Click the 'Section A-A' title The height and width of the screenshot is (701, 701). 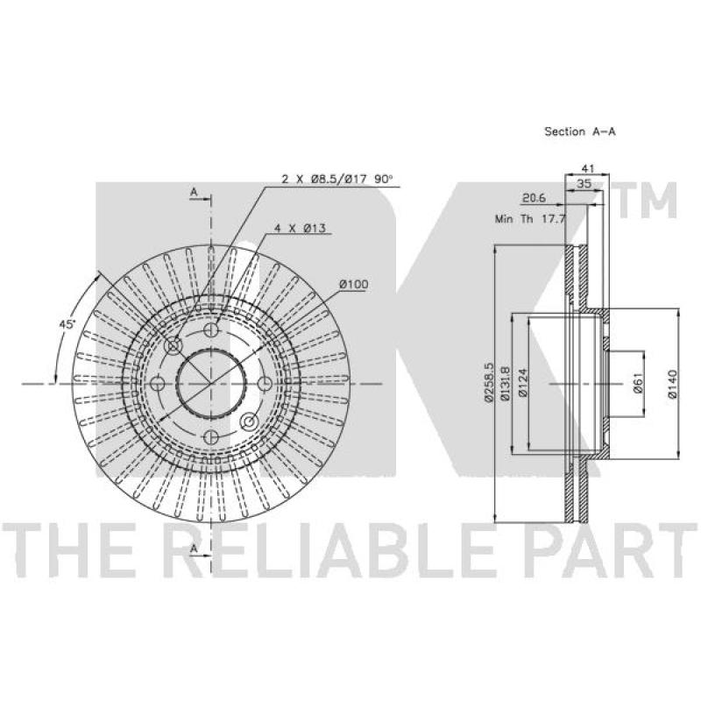580,131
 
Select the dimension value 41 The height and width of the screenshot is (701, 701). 587,168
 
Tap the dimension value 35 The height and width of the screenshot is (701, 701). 583,183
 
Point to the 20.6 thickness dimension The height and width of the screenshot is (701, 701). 535,198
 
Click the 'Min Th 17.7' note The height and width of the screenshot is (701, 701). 530,219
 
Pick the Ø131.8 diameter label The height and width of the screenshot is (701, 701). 505,383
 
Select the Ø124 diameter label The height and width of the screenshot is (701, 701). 522,382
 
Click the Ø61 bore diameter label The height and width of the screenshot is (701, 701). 638,383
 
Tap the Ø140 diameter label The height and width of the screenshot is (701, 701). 672,383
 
